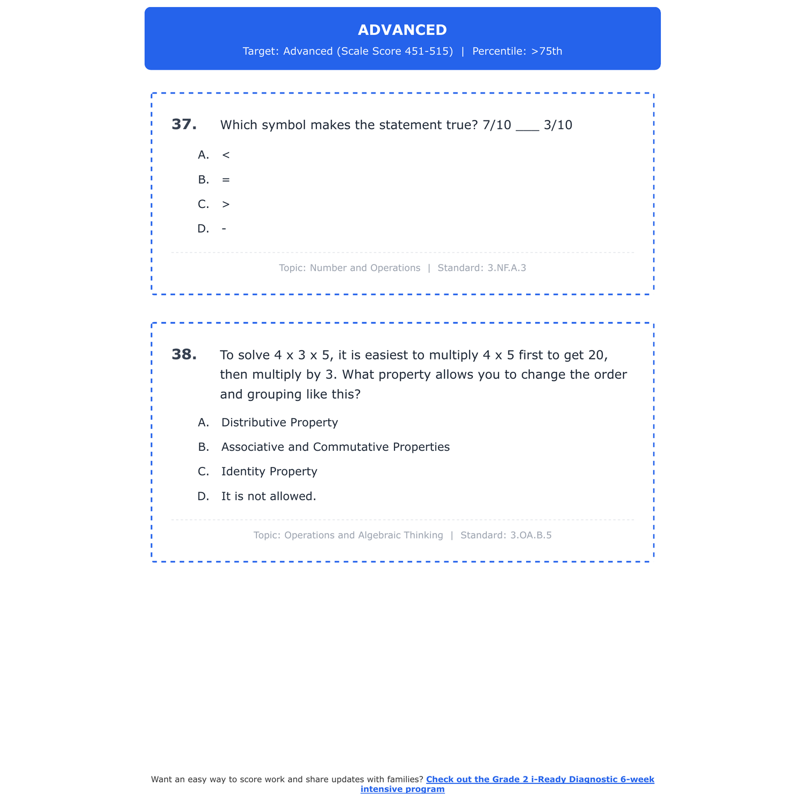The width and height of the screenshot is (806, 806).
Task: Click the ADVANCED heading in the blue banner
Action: [x=402, y=30]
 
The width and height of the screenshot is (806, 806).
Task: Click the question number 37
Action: [x=184, y=125]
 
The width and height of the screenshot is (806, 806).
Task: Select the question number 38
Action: [x=184, y=355]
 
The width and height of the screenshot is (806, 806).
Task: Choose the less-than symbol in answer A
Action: [x=226, y=155]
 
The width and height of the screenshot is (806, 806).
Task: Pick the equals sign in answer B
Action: [x=226, y=180]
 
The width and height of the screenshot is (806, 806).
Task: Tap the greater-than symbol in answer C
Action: [x=226, y=205]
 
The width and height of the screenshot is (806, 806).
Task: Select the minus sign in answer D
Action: [x=224, y=229]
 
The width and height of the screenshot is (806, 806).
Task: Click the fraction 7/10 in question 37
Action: [x=497, y=125]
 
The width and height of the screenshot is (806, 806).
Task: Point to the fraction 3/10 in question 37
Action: [x=558, y=125]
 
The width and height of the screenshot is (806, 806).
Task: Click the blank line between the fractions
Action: [x=527, y=129]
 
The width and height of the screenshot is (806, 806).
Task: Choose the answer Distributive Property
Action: [x=279, y=423]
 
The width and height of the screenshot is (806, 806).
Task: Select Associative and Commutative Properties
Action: [x=335, y=447]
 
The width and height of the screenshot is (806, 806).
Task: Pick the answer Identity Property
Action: [x=269, y=472]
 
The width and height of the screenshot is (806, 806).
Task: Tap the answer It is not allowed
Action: [x=269, y=496]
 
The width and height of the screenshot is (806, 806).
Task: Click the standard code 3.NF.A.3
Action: [x=507, y=268]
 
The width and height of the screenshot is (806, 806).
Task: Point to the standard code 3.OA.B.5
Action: [x=531, y=535]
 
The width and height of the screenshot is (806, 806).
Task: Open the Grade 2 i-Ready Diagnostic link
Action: [x=539, y=780]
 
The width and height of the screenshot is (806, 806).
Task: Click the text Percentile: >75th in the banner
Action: [x=517, y=52]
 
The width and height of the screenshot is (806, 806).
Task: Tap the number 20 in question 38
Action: [x=596, y=355]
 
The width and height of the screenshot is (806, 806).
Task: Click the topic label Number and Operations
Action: [x=365, y=268]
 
